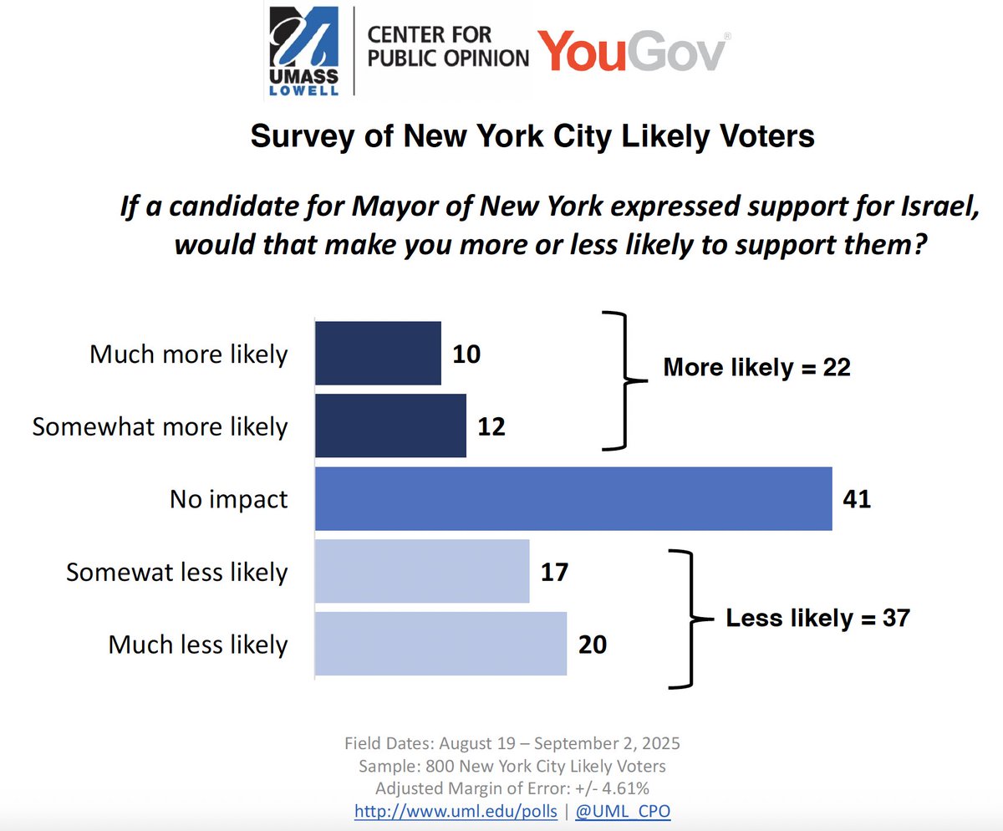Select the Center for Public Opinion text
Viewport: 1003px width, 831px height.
(x=448, y=48)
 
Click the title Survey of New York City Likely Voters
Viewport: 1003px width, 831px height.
(x=532, y=136)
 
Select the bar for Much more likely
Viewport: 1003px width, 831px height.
(x=378, y=354)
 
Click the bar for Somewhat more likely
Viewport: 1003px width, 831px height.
(x=390, y=426)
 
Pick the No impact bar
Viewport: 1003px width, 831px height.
(x=573, y=499)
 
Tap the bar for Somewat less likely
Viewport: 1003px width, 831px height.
(x=422, y=572)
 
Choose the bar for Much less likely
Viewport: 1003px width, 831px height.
(x=440, y=645)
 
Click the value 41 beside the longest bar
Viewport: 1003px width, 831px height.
(x=857, y=500)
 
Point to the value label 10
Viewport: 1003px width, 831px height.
(x=466, y=354)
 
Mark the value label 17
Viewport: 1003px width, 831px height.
(x=554, y=573)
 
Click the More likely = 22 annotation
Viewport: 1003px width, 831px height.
(x=756, y=368)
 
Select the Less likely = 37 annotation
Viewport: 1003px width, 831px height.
(x=817, y=619)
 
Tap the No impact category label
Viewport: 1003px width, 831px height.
(x=228, y=500)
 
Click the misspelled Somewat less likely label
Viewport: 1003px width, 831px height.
(x=176, y=573)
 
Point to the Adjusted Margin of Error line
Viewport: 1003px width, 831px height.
(x=512, y=788)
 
